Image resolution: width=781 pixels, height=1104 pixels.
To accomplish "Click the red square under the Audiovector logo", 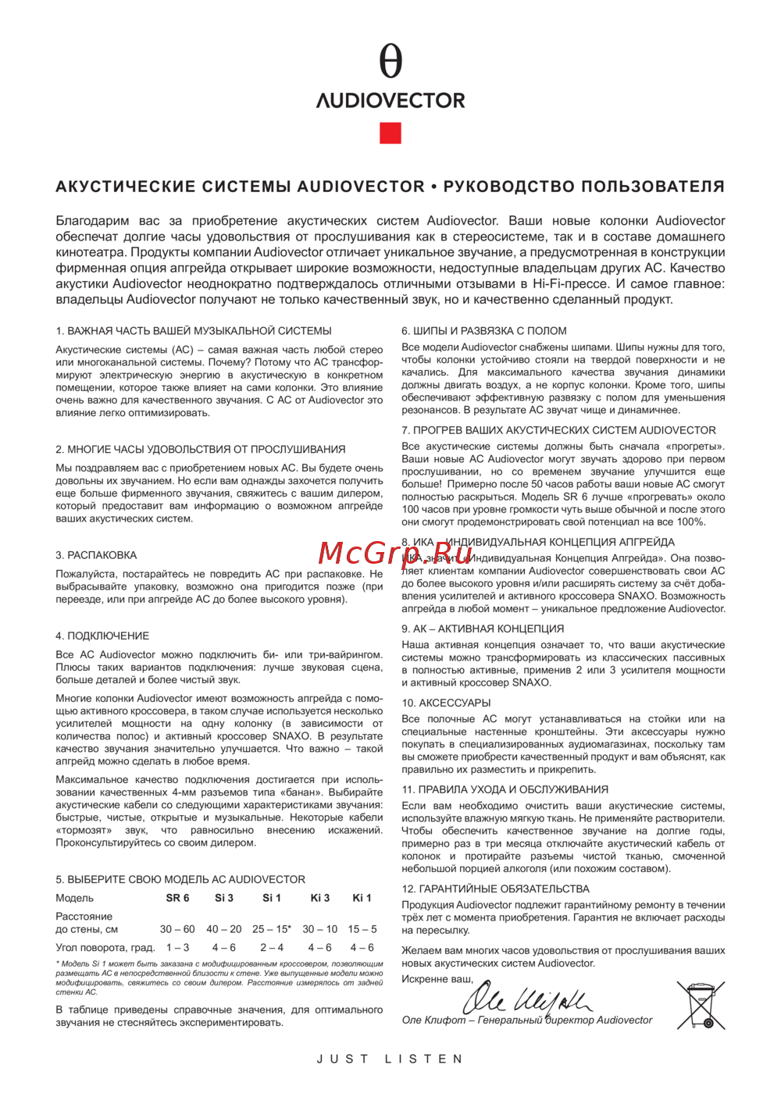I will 390,133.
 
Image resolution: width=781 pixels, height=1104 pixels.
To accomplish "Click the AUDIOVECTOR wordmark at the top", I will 390,101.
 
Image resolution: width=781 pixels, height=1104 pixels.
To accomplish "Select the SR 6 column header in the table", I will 177,898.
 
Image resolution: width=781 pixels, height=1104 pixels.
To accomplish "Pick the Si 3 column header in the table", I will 224,898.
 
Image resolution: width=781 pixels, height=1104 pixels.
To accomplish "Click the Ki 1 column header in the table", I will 362,898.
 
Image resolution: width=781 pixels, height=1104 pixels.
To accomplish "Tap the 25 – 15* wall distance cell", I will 272,929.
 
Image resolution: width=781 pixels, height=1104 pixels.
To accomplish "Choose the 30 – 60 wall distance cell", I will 177,929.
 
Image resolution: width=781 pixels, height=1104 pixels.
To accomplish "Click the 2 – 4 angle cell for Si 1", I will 272,948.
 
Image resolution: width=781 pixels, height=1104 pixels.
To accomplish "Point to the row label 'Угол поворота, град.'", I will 105,948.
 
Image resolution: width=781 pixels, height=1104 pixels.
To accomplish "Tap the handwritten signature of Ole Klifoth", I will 528,999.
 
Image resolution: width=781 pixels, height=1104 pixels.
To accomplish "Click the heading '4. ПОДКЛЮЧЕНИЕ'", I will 102,636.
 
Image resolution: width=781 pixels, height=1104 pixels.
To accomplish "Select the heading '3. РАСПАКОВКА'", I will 96,555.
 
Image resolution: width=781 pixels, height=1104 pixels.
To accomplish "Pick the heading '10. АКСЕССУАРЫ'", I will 446,703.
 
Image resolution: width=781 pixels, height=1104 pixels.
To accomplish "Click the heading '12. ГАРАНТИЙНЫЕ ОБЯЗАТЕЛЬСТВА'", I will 495,889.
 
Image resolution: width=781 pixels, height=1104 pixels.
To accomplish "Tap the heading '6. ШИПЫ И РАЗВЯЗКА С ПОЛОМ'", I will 483,331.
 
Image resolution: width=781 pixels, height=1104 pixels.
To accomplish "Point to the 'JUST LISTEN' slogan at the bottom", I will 390,1059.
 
